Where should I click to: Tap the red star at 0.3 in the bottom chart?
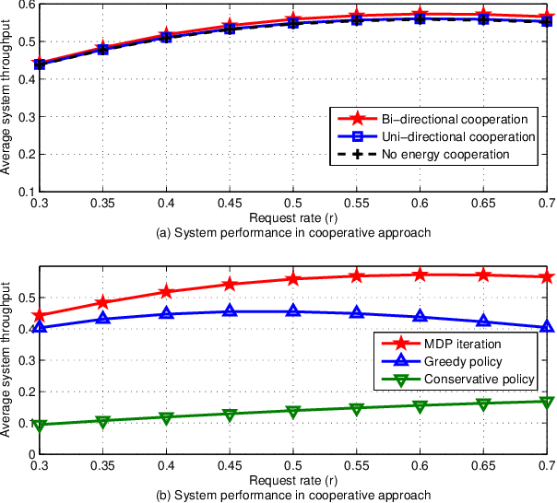point(39,315)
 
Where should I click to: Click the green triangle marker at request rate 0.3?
point(39,425)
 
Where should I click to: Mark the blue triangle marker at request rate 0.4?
point(166,314)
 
